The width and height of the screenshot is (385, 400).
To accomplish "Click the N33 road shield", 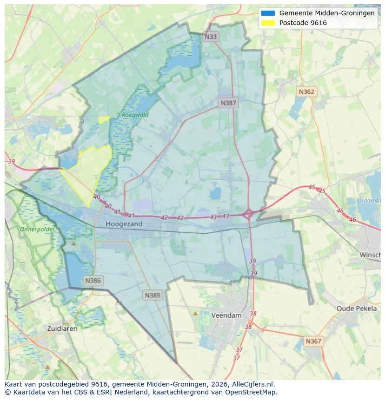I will coord(211,36).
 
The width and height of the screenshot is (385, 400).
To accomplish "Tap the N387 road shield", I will coord(228,103).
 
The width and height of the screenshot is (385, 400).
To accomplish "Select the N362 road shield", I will coord(306,92).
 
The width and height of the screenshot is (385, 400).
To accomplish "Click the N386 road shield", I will coord(93,281).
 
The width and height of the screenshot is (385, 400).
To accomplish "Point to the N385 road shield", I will coord(153,295).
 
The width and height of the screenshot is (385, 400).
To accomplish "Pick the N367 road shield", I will coord(313,341).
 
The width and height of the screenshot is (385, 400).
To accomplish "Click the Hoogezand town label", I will coord(124,224).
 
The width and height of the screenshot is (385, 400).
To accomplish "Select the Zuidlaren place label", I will coord(62,328).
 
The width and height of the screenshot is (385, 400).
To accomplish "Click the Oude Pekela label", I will coord(357,308).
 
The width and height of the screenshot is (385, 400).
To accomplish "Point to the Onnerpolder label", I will coord(37,230).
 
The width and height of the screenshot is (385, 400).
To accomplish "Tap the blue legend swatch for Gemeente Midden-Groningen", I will coord(268,13).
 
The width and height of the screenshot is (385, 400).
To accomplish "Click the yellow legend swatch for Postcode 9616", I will coord(268,22).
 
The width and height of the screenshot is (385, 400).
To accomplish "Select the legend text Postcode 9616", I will coord(303,23).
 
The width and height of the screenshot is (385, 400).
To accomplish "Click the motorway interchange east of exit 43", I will coord(248,214).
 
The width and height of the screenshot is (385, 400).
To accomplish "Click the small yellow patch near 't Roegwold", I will coord(104,119).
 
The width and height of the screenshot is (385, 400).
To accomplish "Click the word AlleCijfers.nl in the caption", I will coord(253,384).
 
